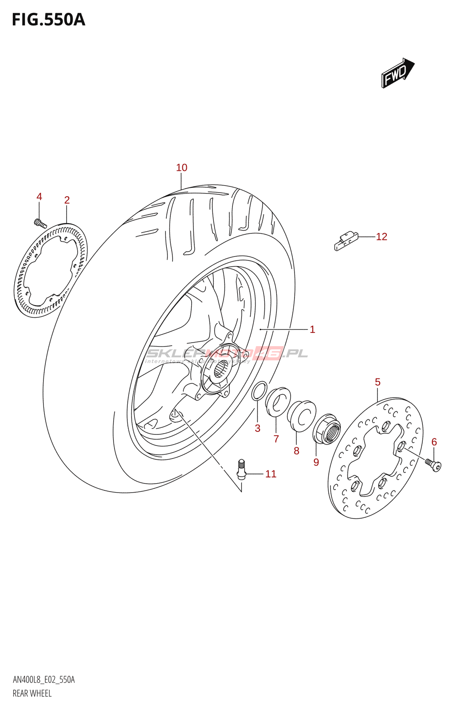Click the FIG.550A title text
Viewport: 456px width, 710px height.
coord(48,20)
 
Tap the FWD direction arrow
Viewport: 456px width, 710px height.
coord(397,73)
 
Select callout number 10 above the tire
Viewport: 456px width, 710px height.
coord(181,168)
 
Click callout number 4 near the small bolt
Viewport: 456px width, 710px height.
coord(39,197)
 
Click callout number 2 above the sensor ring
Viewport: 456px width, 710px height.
coord(67,200)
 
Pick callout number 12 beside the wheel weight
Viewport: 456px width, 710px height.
coord(381,237)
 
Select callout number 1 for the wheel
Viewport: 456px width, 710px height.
coord(312,329)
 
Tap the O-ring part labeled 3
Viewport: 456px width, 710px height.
coord(259,390)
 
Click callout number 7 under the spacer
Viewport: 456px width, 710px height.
coord(276,439)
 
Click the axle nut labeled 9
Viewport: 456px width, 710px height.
coord(327,429)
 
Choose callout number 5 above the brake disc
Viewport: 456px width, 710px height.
coord(377,382)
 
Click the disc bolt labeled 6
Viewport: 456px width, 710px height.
coord(433,464)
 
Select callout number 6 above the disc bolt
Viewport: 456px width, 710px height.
coord(434,442)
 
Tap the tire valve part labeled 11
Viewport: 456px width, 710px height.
coord(241,469)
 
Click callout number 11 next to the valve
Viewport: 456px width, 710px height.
coord(271,474)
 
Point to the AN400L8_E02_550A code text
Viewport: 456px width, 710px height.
coord(43,680)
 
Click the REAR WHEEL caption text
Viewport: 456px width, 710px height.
coord(32,693)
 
